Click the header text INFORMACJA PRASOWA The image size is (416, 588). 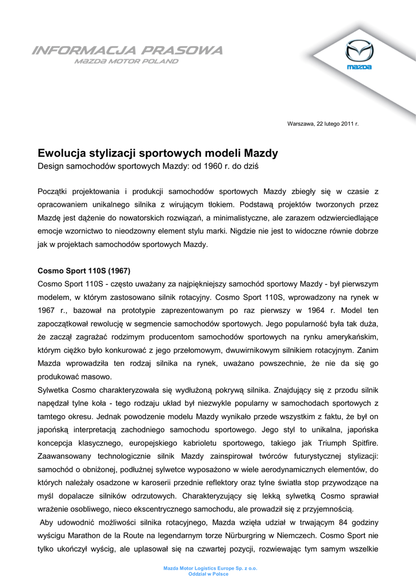128,51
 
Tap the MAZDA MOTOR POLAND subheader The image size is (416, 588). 126,61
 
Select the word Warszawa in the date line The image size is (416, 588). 301,124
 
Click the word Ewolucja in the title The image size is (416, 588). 61,153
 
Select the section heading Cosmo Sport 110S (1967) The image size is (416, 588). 84,270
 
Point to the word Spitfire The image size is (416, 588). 363,443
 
